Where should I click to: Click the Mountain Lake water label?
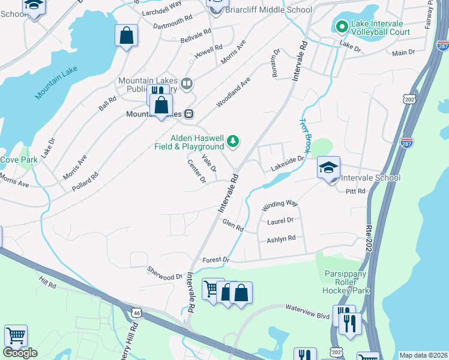point(56,83)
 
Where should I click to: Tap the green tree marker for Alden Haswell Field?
point(233,142)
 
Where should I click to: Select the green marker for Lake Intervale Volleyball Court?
point(341,26)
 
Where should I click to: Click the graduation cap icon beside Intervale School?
point(328,168)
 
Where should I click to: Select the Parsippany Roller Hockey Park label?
point(349,282)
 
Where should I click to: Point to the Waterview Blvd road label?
point(308,308)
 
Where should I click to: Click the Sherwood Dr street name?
point(165,273)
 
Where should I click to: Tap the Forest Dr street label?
point(217,260)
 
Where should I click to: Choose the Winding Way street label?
point(280,205)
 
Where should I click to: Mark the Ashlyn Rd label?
point(281,239)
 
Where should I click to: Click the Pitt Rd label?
point(355,191)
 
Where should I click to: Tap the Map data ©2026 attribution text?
point(423,355)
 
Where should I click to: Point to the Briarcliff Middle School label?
point(268,10)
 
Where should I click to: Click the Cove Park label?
point(19,160)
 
